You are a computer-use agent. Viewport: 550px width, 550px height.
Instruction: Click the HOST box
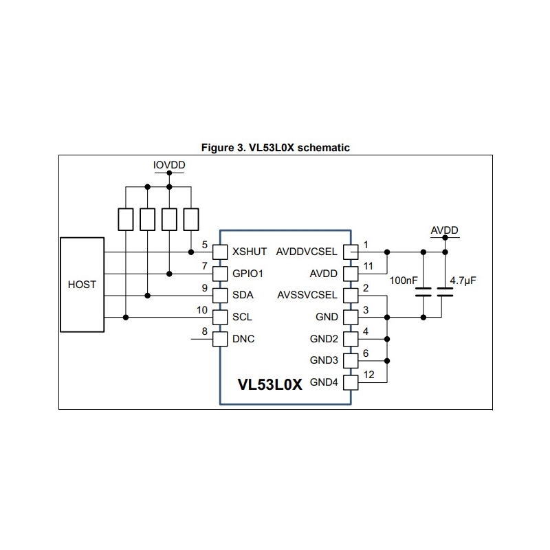coord(82,284)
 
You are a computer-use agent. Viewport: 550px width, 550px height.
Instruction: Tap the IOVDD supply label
coord(168,166)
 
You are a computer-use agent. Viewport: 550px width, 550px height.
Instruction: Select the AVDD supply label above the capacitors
coord(444,230)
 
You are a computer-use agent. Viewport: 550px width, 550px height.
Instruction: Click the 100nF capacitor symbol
coord(423,291)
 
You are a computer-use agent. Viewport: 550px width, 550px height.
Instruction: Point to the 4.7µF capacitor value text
coord(463,281)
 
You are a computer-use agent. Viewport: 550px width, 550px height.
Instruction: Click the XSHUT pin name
coord(250,252)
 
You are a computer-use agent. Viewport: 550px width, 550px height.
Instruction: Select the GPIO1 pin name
coord(249,274)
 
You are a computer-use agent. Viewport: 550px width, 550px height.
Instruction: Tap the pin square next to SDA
coord(219,296)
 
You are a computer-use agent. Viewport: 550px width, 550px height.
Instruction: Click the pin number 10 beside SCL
coord(202,310)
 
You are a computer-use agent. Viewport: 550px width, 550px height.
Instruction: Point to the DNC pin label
coord(244,339)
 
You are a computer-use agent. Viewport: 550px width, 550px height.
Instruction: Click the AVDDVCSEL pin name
coord(307,252)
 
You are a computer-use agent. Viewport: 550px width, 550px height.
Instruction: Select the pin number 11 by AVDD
coord(368,266)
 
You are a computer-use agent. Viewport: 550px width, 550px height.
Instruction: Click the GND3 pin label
coord(324,360)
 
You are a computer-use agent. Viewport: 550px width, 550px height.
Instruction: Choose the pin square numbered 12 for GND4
coord(351,382)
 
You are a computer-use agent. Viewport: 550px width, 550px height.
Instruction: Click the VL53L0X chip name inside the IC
coord(269,384)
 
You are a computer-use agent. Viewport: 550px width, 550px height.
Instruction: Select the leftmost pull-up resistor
coord(126,219)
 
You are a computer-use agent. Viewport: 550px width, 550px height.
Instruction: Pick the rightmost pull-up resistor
coord(190,219)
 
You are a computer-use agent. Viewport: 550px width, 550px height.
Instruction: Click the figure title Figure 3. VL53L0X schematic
coord(276,147)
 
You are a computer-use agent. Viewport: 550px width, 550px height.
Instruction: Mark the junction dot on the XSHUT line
coord(190,252)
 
